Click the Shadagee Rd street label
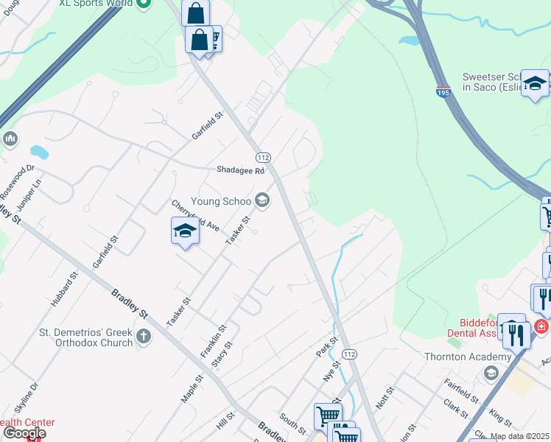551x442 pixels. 240,170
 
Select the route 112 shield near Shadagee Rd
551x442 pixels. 263,158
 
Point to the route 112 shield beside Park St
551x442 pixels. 349,354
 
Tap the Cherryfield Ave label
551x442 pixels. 196,215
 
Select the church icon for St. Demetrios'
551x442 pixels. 144,337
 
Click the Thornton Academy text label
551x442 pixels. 468,357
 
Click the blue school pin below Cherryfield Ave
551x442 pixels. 185,232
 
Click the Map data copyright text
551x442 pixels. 519,436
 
